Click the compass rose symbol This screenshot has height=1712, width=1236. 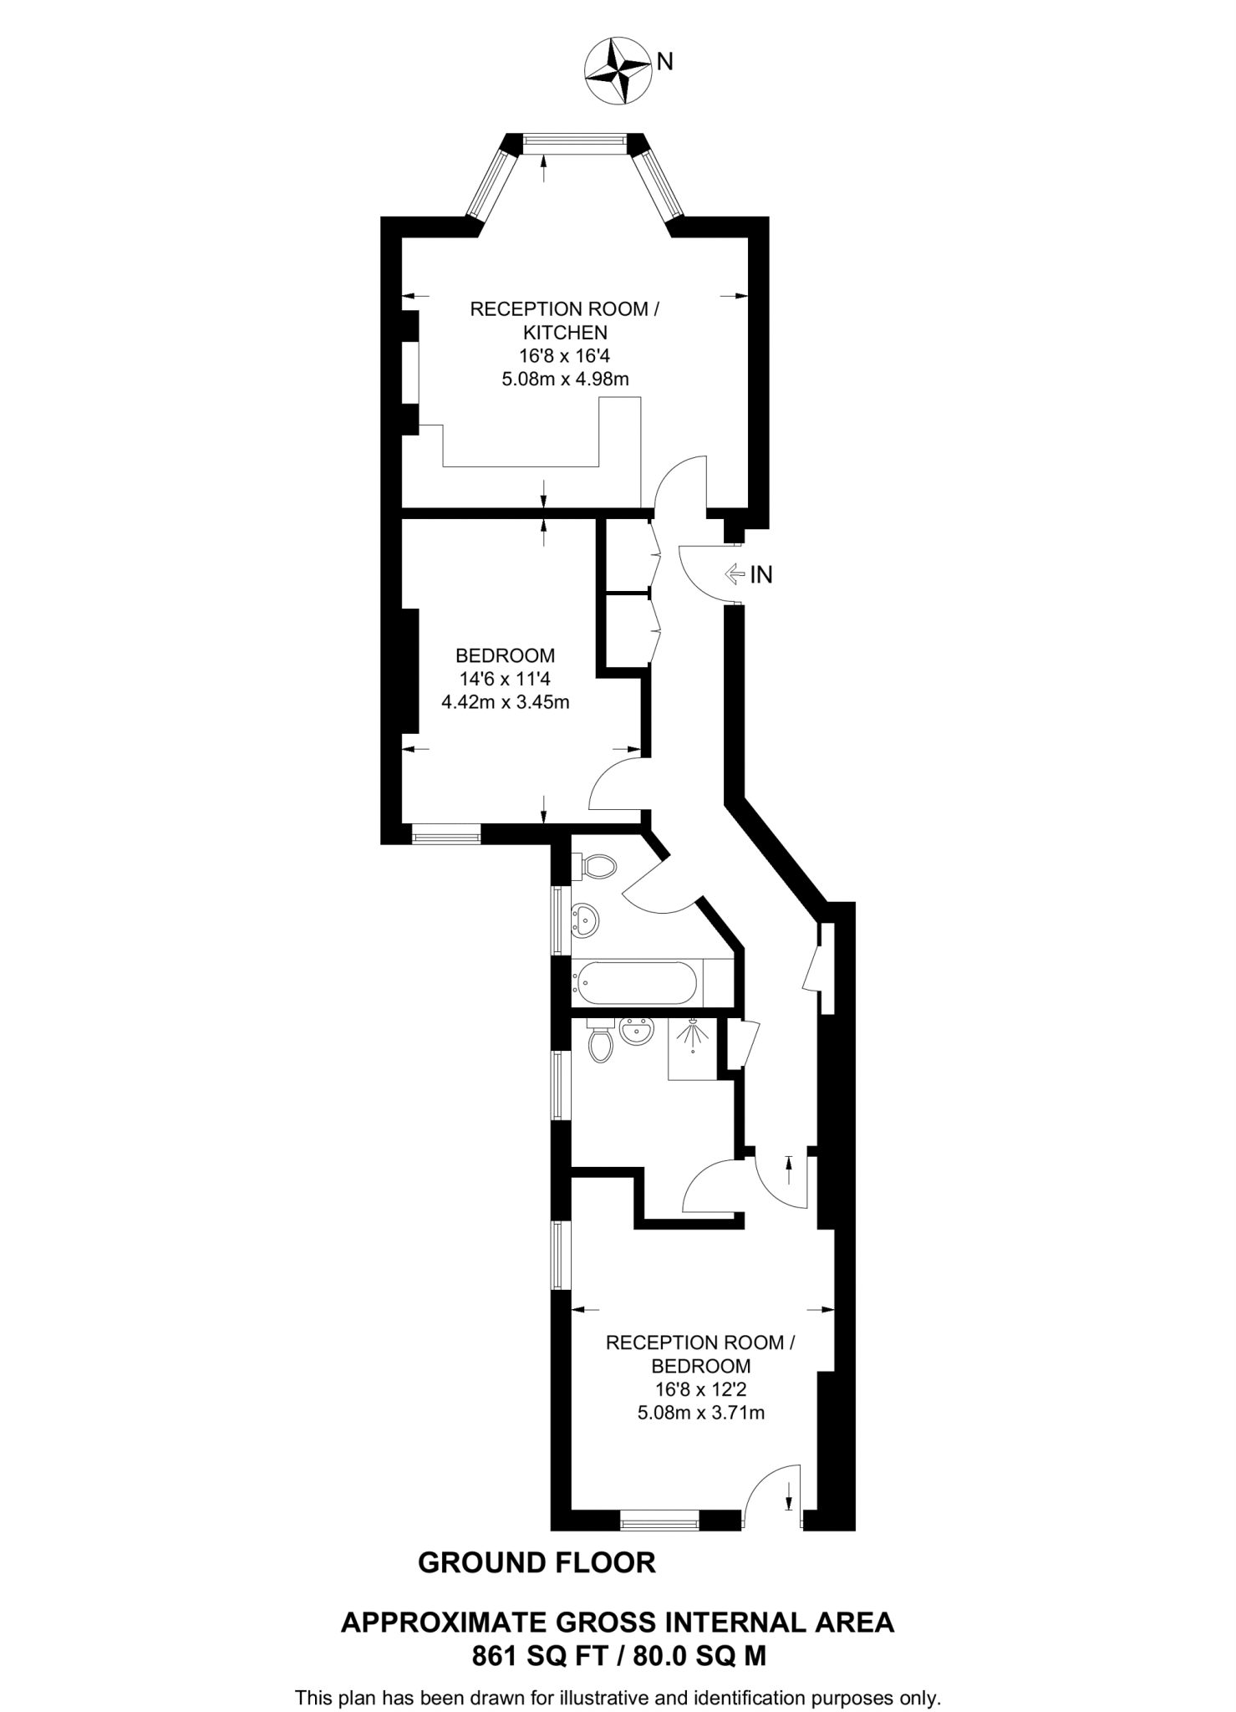click(x=618, y=70)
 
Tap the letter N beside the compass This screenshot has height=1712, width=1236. click(x=664, y=61)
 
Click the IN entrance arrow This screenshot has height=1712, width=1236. click(x=735, y=574)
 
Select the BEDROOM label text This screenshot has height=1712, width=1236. click(x=505, y=655)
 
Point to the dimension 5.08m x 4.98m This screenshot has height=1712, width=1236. click(x=565, y=379)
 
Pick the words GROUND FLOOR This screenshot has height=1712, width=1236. click(x=537, y=1563)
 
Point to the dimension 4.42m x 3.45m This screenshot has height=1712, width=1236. click(x=505, y=702)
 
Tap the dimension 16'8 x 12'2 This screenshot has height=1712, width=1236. click(x=700, y=1389)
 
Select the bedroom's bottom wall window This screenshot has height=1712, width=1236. click(x=446, y=833)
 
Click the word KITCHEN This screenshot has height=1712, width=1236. click(x=565, y=332)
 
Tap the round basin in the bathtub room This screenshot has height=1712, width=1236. click(x=586, y=920)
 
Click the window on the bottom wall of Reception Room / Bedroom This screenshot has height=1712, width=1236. click(x=659, y=1519)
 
